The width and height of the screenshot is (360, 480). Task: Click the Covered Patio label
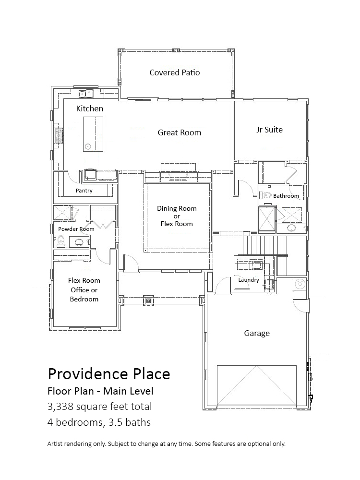pyautogui.click(x=175, y=72)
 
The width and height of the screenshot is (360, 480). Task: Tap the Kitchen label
pyautogui.click(x=89, y=108)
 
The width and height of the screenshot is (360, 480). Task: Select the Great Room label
pyautogui.click(x=180, y=132)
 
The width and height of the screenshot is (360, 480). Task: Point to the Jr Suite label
pyautogui.click(x=269, y=130)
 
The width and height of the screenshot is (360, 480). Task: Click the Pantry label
pyautogui.click(x=84, y=191)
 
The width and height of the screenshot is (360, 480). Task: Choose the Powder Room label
pyautogui.click(x=76, y=229)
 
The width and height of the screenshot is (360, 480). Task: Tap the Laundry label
pyautogui.click(x=249, y=280)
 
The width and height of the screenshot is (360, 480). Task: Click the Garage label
pyautogui.click(x=257, y=333)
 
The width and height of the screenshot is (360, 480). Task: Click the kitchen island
pyautogui.click(x=93, y=134)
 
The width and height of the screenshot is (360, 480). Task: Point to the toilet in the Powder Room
pyautogui.click(x=60, y=240)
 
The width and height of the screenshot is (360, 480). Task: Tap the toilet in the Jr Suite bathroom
pyautogui.click(x=266, y=195)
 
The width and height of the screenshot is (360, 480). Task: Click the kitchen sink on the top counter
pyautogui.click(x=86, y=92)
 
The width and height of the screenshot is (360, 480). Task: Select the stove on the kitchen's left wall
pyautogui.click(x=59, y=135)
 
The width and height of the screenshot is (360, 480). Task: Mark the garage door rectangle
pyautogui.click(x=256, y=385)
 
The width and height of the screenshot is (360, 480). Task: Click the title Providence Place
pyautogui.click(x=108, y=374)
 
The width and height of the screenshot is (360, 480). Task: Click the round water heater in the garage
pyautogui.click(x=299, y=284)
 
